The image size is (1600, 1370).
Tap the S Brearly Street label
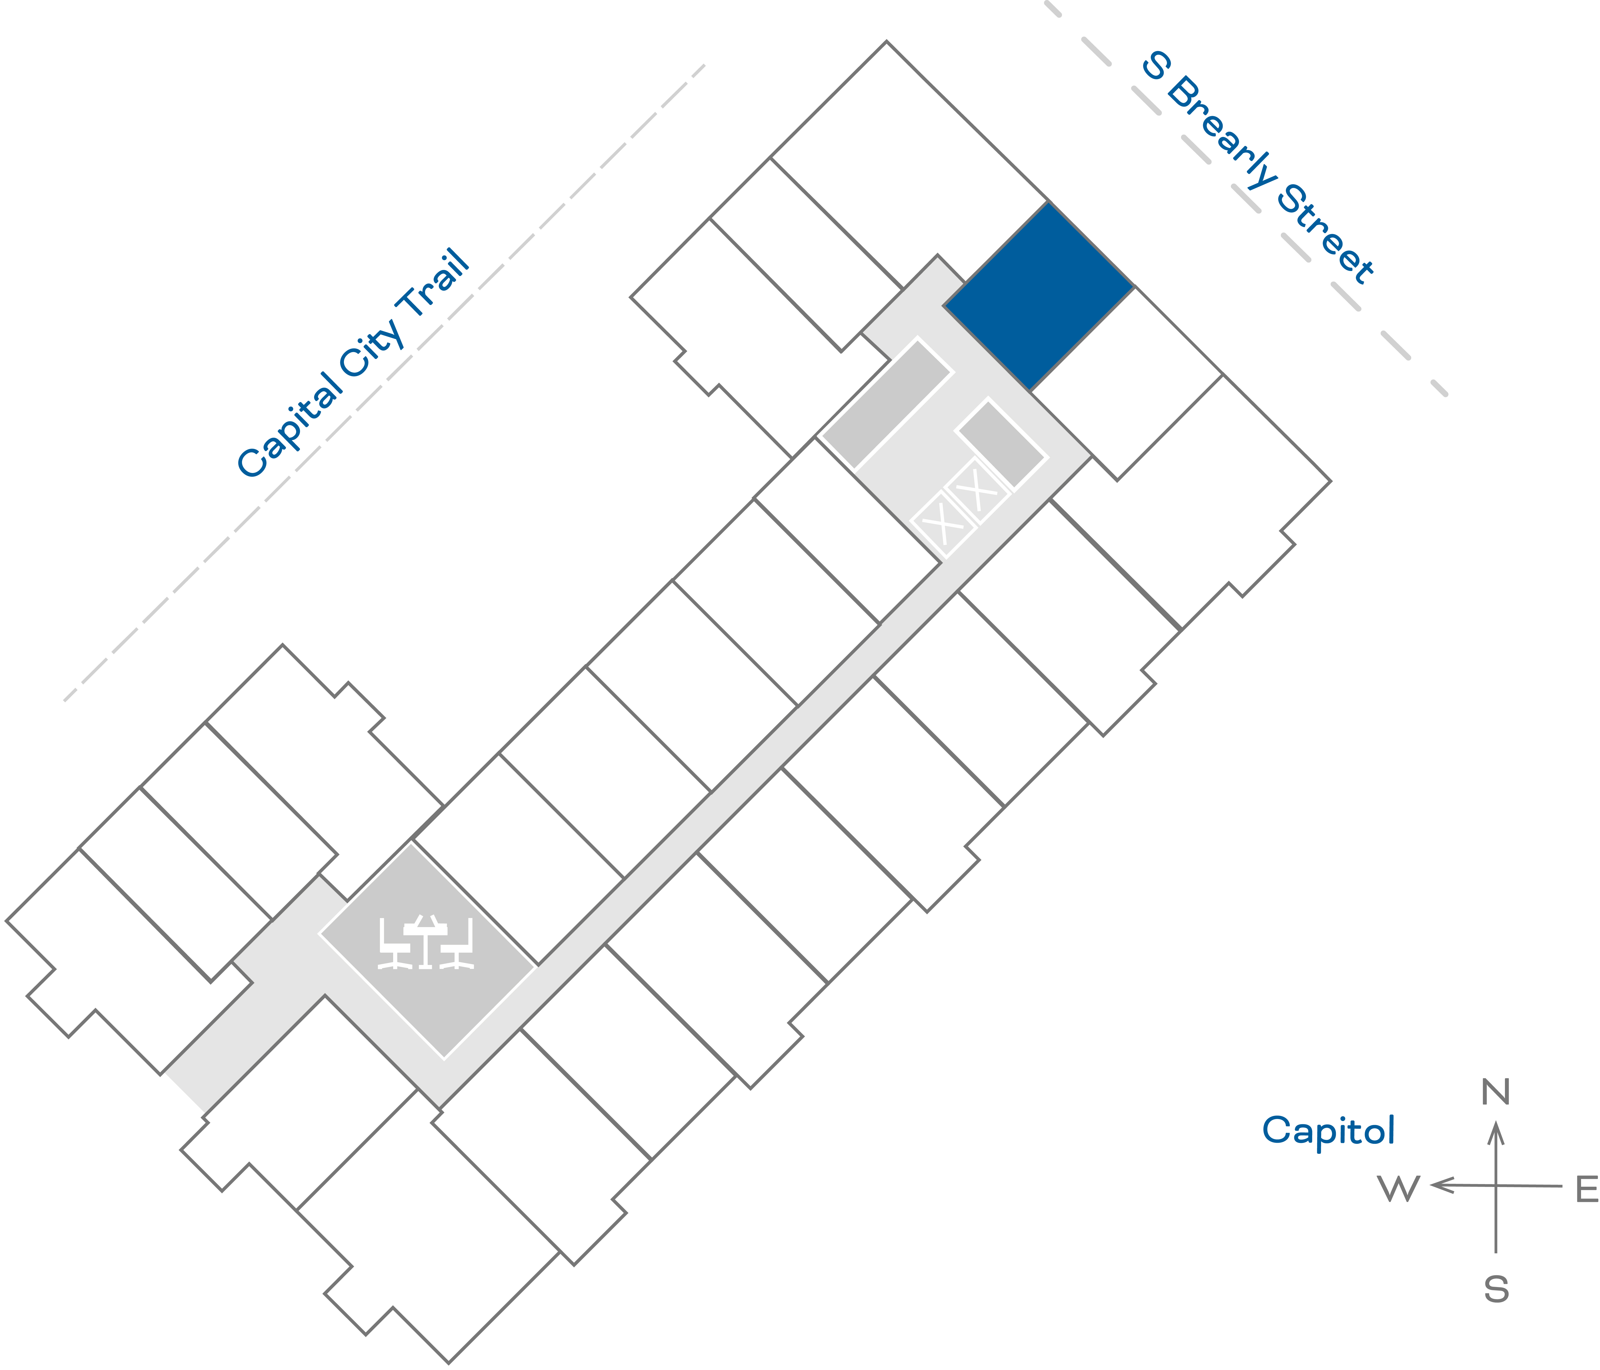click(x=1257, y=168)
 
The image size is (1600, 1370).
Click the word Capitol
click(x=1328, y=1131)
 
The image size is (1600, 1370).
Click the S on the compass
click(x=1496, y=1289)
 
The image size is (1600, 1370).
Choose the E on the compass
click(x=1586, y=1190)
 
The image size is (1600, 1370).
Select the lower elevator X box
click(x=942, y=524)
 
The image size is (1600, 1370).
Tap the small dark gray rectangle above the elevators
click(x=1001, y=444)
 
